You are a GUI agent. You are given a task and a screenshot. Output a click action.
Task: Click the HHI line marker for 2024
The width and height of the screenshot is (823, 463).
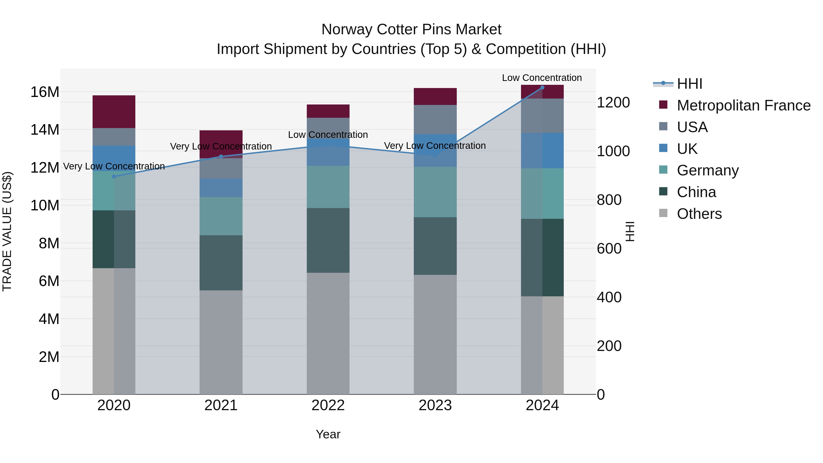[x=542, y=88]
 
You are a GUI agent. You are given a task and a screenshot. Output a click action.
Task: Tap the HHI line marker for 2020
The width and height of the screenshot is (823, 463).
[x=114, y=176]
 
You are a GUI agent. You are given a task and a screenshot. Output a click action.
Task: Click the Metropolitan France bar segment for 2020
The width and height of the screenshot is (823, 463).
[x=114, y=112]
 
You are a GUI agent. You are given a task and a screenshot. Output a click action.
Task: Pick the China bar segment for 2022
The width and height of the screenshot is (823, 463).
[x=328, y=240]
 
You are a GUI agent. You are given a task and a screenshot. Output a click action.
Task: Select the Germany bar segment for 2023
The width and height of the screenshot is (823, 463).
[x=435, y=192]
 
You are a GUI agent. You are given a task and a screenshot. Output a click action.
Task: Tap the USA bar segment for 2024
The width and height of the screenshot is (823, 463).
[x=542, y=116]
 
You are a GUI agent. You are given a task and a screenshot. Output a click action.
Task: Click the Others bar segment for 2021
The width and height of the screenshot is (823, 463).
[x=221, y=342]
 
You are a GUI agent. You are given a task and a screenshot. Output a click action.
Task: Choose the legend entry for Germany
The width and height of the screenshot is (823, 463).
[x=708, y=170]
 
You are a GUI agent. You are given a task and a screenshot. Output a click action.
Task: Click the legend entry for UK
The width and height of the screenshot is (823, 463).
[x=687, y=149]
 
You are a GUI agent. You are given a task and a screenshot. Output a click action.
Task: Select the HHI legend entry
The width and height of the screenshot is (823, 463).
[x=689, y=84]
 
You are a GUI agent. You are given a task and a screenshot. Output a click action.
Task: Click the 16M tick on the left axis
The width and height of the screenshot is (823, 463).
[x=45, y=92]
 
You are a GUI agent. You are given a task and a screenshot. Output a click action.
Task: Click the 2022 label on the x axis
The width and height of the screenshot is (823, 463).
[x=328, y=405]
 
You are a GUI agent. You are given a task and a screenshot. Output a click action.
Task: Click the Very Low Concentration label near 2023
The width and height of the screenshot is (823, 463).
[x=435, y=146]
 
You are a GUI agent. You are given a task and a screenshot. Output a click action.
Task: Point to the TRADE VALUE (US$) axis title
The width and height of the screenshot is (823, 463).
[x=7, y=231]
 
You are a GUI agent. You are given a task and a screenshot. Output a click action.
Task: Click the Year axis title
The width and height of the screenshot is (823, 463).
[x=328, y=434]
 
